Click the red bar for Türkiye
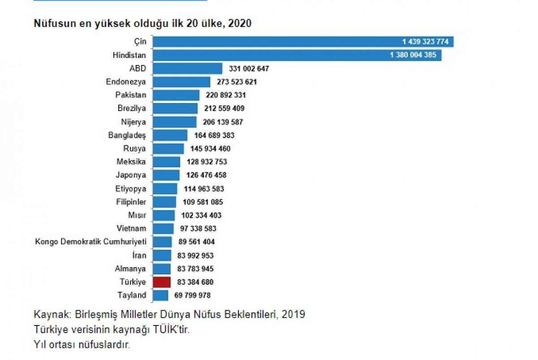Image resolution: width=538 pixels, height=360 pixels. coord(162,282)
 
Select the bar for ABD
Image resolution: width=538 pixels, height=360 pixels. coord(187,69)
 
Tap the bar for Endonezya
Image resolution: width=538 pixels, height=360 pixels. coord(182,82)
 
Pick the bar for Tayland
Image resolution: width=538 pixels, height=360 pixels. coord(161,295)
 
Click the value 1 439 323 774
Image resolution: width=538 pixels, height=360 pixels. coord(425,42)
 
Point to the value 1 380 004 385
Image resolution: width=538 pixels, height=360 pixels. coord(413,56)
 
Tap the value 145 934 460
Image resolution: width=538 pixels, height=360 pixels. coord(210,149)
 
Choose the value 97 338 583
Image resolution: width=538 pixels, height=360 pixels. coord(198,229)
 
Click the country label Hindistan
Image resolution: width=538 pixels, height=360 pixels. coord(130,56)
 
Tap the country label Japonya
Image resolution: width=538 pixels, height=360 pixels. coord(130,175)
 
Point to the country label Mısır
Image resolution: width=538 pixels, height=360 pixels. coord(137,215)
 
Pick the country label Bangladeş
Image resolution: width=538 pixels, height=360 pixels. coord(127,135)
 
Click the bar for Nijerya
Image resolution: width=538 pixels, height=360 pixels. coord(174,122)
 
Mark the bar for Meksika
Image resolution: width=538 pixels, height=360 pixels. coord(166,162)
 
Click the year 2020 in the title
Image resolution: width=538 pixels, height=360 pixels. coord(239,23)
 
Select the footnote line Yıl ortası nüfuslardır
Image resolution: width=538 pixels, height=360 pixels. coord(82,345)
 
